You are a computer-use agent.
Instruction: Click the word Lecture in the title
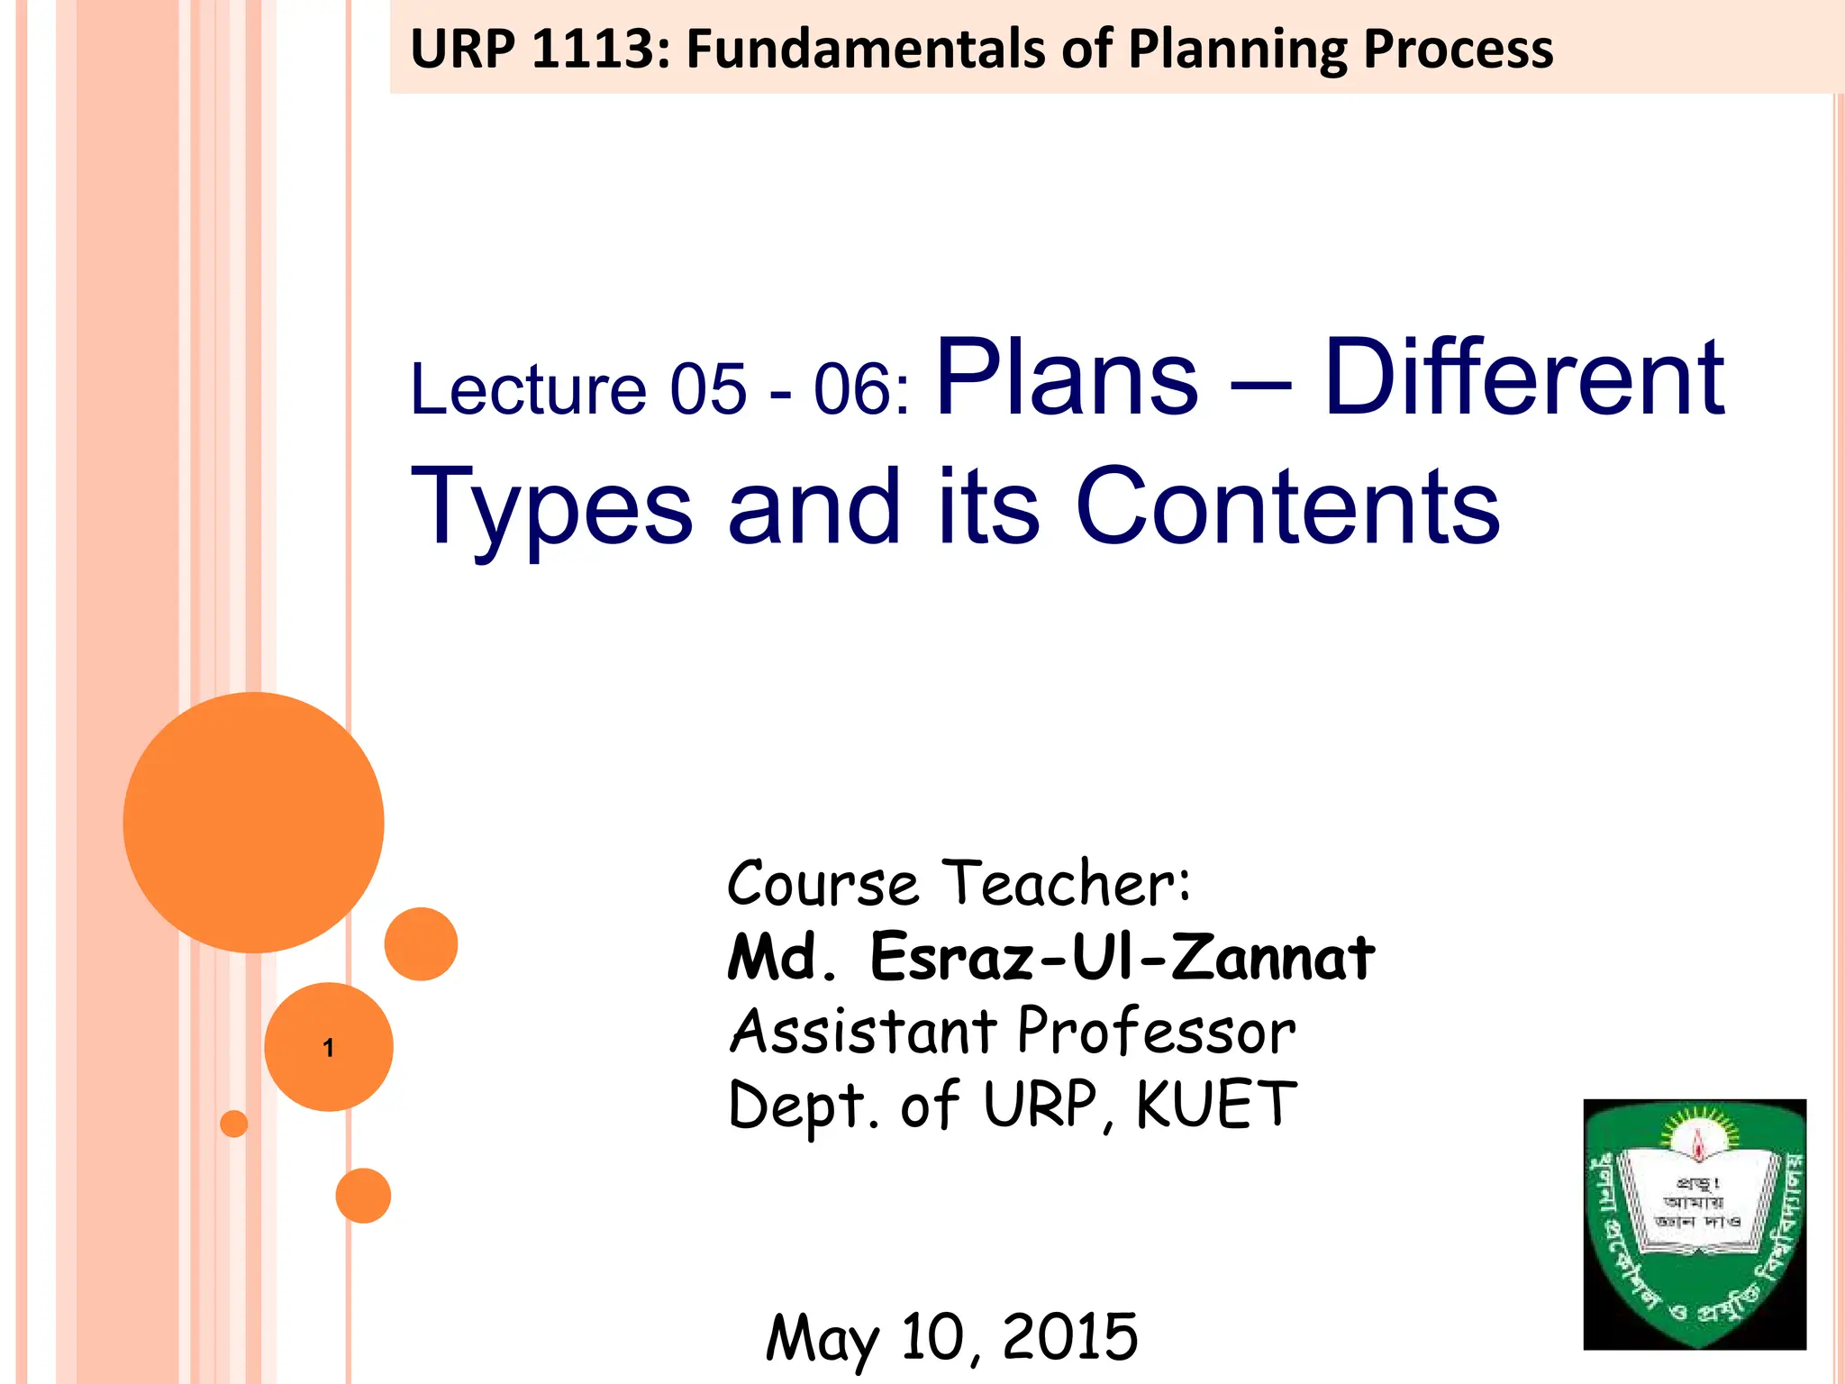[x=528, y=389]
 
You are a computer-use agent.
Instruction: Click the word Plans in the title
[x=1068, y=378]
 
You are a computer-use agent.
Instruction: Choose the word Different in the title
[x=1523, y=378]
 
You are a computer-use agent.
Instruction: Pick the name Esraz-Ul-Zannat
[x=1122, y=957]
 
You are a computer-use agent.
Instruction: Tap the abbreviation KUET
[x=1215, y=1105]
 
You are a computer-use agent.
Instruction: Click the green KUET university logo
[x=1695, y=1224]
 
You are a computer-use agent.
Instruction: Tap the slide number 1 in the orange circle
[x=329, y=1047]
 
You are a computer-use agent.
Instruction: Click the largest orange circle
[x=254, y=822]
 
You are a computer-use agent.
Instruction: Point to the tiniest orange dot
[x=234, y=1124]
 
